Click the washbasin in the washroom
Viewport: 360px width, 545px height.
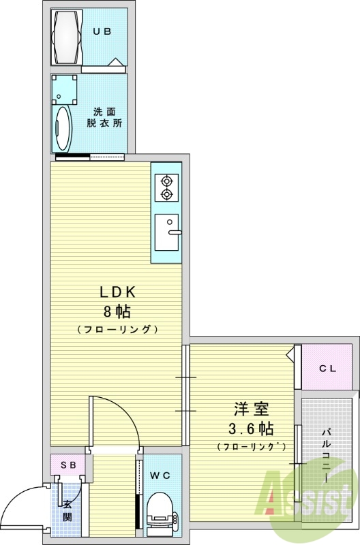pyautogui.click(x=63, y=128)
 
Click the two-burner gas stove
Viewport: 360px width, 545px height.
pyautogui.click(x=166, y=187)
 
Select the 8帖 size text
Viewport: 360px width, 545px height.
pyautogui.click(x=117, y=312)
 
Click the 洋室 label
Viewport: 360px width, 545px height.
pyautogui.click(x=252, y=409)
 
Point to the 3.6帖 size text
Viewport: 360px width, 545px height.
pyautogui.click(x=251, y=429)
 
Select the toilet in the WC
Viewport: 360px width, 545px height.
pyautogui.click(x=162, y=508)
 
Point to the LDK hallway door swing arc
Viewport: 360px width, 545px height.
pyautogui.click(x=130, y=409)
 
